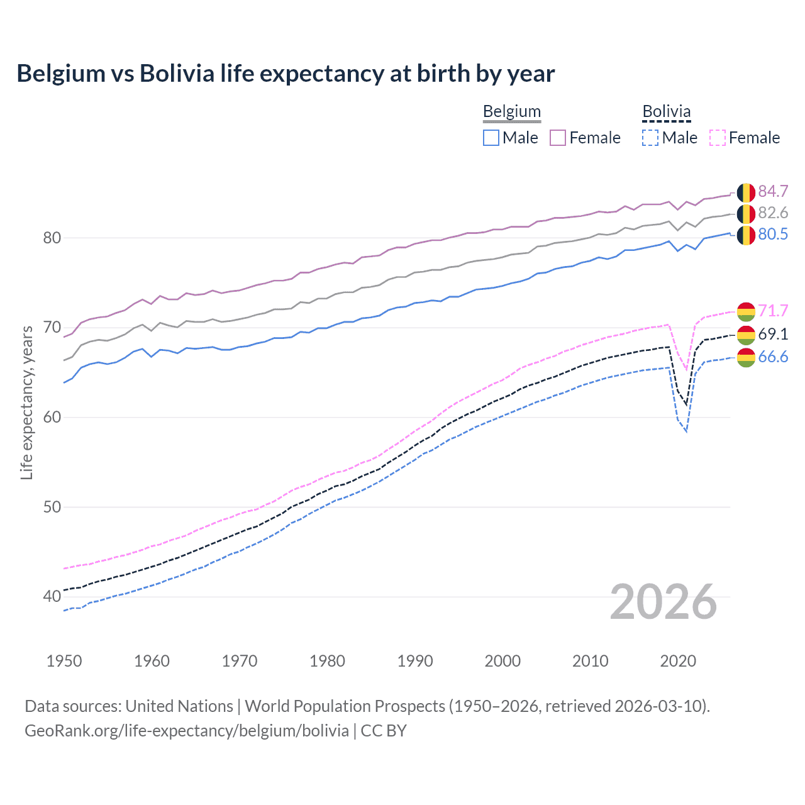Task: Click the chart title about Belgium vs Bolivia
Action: pyautogui.click(x=286, y=74)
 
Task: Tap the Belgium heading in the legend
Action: pyautogui.click(x=511, y=112)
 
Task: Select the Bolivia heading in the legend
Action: pyautogui.click(x=666, y=112)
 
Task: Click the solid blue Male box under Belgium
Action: pyautogui.click(x=491, y=138)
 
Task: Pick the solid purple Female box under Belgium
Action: pyautogui.click(x=558, y=138)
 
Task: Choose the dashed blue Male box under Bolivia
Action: pyautogui.click(x=650, y=138)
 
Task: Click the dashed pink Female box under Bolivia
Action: pyautogui.click(x=718, y=138)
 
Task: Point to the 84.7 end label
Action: pyautogui.click(x=773, y=191)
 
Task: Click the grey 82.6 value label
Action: pyautogui.click(x=773, y=213)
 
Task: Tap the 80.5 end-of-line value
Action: pyautogui.click(x=773, y=234)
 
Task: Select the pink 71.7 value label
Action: pyautogui.click(x=773, y=311)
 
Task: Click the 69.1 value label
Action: pyautogui.click(x=773, y=334)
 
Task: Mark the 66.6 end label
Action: pyautogui.click(x=773, y=357)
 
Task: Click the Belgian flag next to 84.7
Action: pyautogui.click(x=746, y=192)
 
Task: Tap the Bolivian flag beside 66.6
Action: pyautogui.click(x=746, y=357)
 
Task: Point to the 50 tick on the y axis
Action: pyautogui.click(x=52, y=507)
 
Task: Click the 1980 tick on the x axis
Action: pyautogui.click(x=327, y=661)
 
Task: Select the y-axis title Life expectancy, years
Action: pyautogui.click(x=26, y=402)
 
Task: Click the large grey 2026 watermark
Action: pyautogui.click(x=663, y=602)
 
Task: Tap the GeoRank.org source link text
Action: pyautogui.click(x=187, y=730)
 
